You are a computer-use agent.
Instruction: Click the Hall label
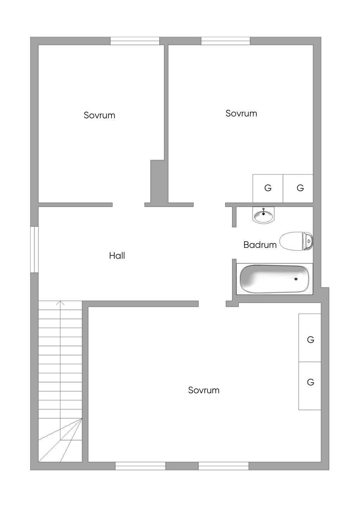click(x=117, y=256)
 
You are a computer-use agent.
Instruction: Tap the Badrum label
click(x=260, y=245)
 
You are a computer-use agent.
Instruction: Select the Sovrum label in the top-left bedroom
click(x=99, y=115)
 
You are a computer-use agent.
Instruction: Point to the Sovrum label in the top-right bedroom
click(x=241, y=113)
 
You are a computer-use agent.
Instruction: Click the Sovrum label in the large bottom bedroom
click(x=204, y=390)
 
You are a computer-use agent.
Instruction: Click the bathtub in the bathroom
click(x=275, y=279)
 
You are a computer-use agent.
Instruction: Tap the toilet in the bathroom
click(x=296, y=241)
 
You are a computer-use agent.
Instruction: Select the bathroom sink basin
click(x=263, y=215)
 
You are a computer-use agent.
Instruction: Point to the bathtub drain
click(x=296, y=279)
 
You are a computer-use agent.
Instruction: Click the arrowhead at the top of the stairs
click(x=60, y=302)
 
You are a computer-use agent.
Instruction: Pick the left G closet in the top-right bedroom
click(x=268, y=188)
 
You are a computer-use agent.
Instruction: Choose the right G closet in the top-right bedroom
click(x=298, y=188)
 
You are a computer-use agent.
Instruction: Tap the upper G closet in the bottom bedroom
click(x=310, y=338)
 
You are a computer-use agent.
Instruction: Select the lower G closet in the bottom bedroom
click(x=310, y=386)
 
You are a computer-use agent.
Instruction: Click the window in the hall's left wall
click(x=34, y=249)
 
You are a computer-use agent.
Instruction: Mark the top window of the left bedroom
click(x=135, y=41)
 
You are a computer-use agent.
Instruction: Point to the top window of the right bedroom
click(x=226, y=41)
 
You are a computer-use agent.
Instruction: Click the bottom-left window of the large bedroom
click(x=140, y=466)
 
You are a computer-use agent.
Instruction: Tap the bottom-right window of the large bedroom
click(x=224, y=466)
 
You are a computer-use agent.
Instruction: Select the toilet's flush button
click(x=309, y=241)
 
